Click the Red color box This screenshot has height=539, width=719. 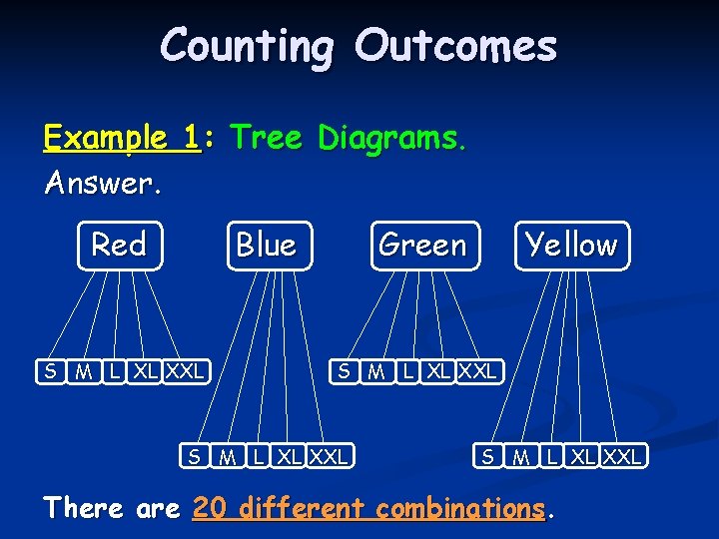pyautogui.click(x=119, y=246)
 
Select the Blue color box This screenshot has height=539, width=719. pyautogui.click(x=266, y=246)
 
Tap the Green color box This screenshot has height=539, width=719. pyautogui.click(x=422, y=246)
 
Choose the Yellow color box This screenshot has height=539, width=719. pyautogui.click(x=572, y=246)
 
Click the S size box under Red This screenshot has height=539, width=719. pyautogui.click(x=49, y=372)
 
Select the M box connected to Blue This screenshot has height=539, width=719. pyautogui.click(x=229, y=457)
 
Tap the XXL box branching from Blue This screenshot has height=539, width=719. pyautogui.click(x=329, y=457)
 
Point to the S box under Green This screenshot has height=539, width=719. pyautogui.click(x=344, y=372)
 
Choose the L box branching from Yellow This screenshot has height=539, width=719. pyautogui.click(x=551, y=457)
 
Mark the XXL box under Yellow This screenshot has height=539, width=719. pyautogui.click(x=623, y=457)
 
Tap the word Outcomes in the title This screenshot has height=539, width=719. pyautogui.click(x=455, y=46)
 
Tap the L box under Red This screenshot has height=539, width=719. pyautogui.click(x=117, y=372)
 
